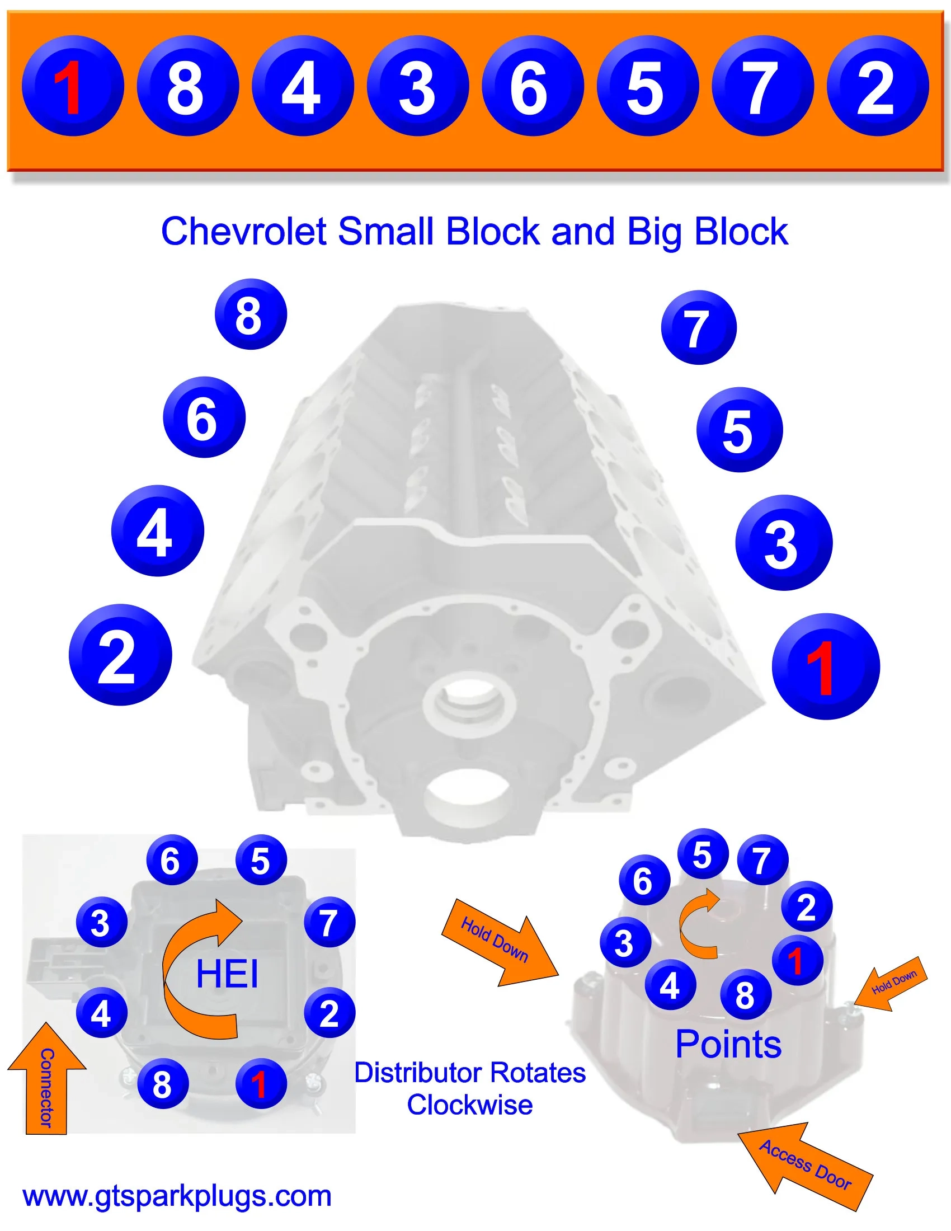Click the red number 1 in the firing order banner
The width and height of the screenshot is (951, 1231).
coord(72,86)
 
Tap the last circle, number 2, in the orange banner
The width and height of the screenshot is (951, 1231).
coord(877,86)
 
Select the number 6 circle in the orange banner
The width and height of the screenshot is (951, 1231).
coord(531,86)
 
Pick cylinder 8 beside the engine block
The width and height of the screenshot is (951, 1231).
coord(251,314)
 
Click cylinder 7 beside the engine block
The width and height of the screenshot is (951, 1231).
coord(699,327)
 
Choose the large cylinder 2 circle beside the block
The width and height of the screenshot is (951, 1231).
coord(120,655)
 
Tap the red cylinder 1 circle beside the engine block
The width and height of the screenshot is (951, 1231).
coord(825,666)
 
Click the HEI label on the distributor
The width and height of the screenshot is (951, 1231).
coord(227,974)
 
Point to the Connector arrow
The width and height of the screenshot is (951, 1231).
coord(46,1085)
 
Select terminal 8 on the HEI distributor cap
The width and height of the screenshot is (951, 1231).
coord(163,1084)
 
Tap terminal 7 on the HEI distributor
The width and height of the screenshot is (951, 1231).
coord(329,923)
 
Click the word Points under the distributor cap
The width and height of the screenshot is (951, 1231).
coord(728,1045)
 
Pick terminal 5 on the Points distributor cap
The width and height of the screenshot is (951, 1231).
coord(702,855)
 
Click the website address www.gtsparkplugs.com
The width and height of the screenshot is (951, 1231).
coord(177,1196)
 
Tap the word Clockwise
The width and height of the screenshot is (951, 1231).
coord(470,1105)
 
